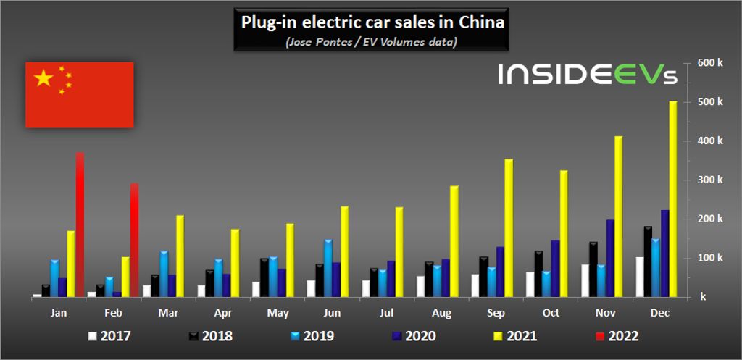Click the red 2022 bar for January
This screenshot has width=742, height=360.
click(80, 225)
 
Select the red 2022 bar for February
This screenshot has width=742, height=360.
click(134, 240)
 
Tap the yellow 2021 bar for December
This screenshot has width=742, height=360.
click(672, 199)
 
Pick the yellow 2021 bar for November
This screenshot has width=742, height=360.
click(618, 217)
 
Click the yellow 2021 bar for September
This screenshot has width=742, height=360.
click(509, 228)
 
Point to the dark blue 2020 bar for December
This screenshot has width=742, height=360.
click(664, 254)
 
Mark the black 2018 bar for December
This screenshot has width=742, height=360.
click(647, 261)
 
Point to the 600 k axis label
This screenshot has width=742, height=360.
click(709, 62)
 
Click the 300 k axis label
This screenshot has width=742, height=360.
click(709, 180)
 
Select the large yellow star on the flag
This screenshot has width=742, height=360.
click(43, 78)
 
